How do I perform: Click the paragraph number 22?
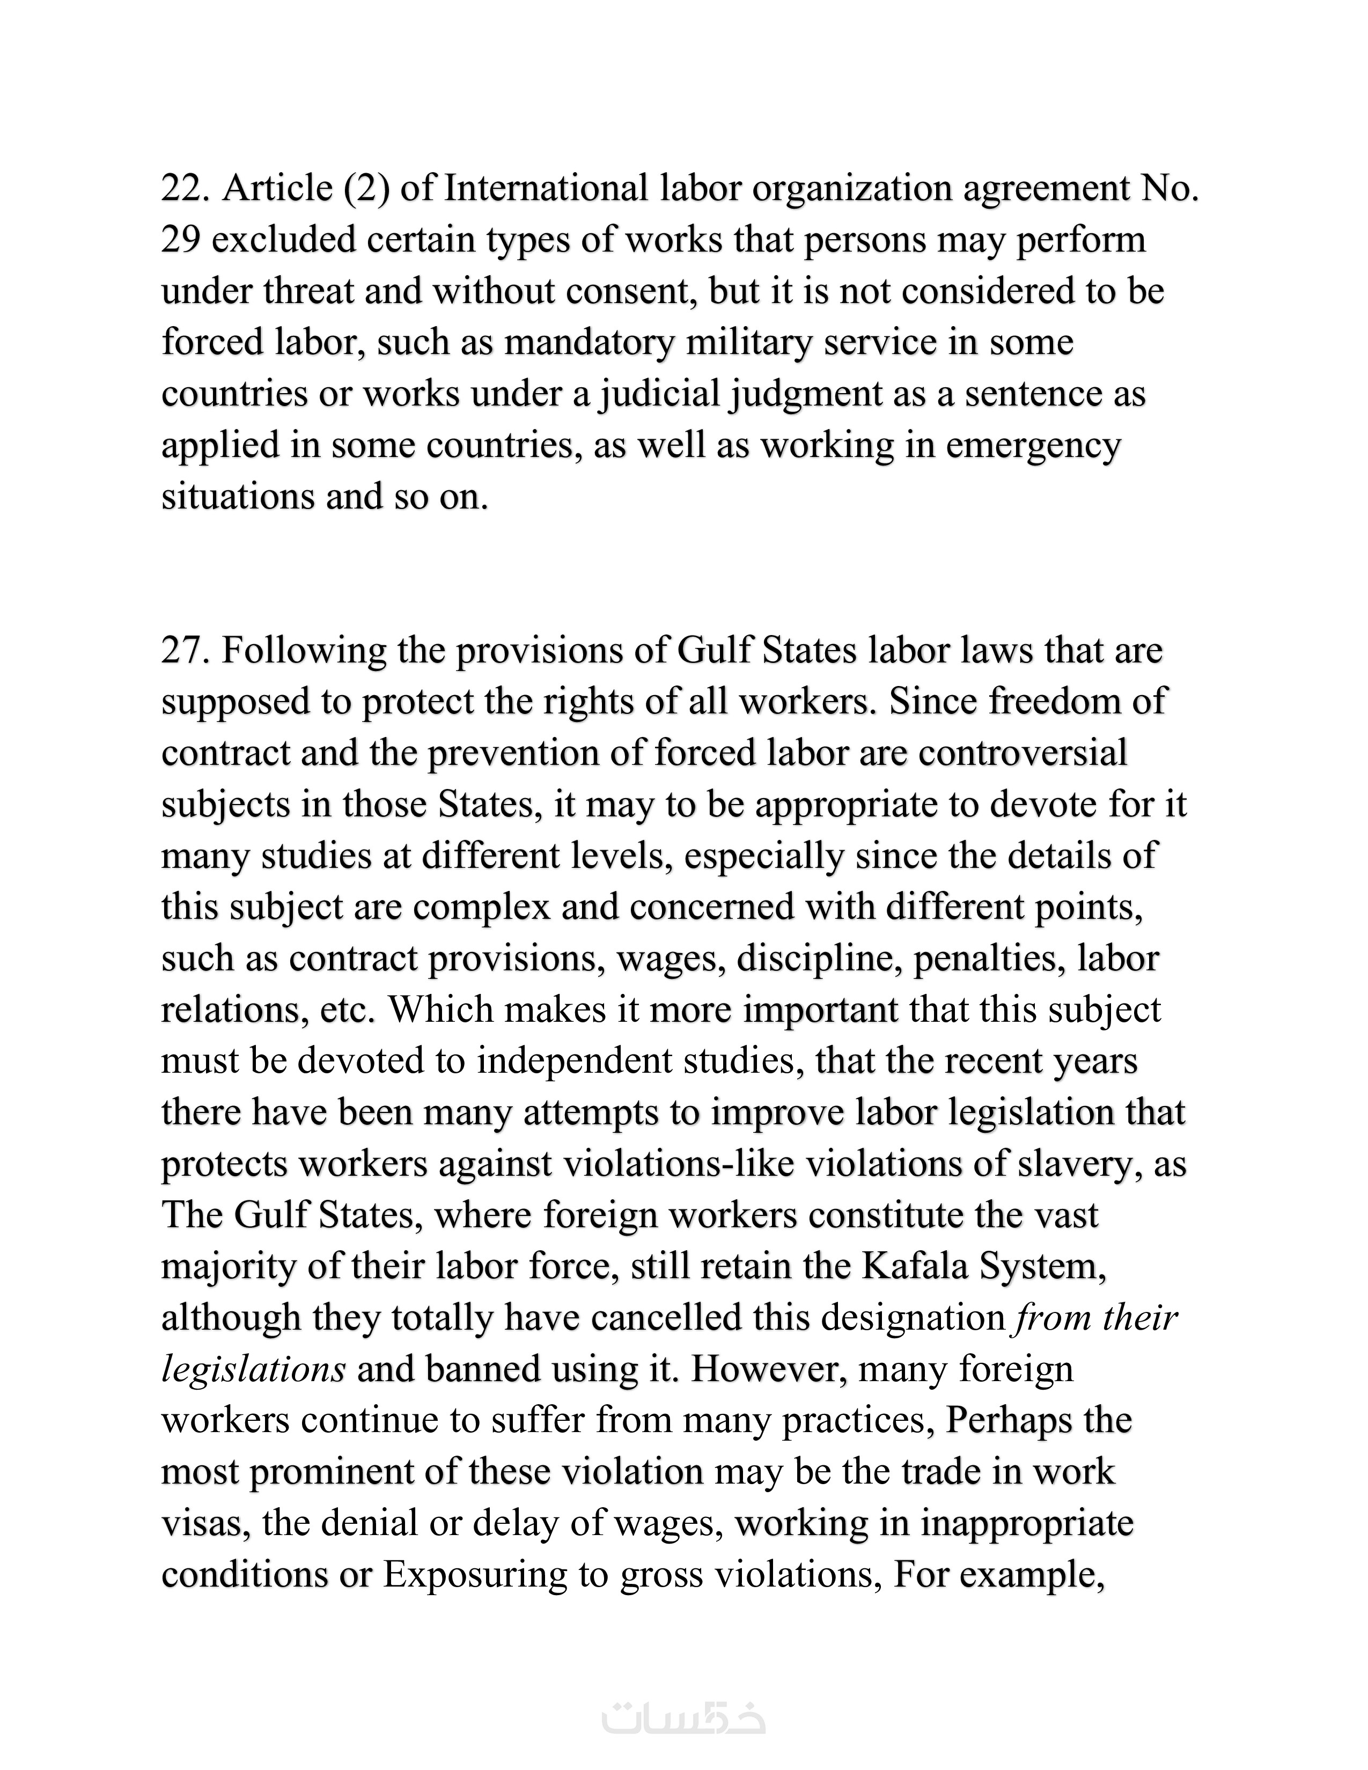click(x=185, y=188)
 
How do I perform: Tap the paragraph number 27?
click(x=185, y=651)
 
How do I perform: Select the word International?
click(x=546, y=188)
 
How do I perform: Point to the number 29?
click(x=180, y=240)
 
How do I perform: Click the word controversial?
click(x=1023, y=753)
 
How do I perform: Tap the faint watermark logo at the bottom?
click(x=683, y=1716)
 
